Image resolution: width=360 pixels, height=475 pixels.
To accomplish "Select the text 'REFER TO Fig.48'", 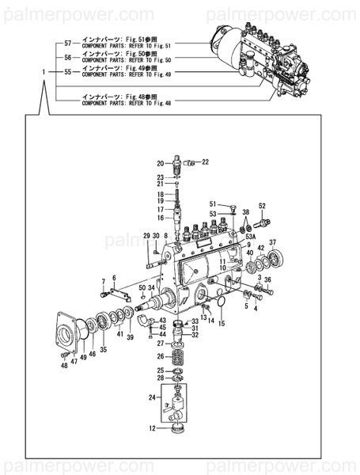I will click(150, 103).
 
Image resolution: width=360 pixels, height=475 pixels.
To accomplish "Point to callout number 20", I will click(159, 163).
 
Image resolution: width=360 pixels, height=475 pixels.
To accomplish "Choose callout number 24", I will click(152, 396).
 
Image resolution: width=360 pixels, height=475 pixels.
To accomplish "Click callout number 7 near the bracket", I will click(103, 281).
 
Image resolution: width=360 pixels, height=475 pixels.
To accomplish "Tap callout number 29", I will click(146, 236).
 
